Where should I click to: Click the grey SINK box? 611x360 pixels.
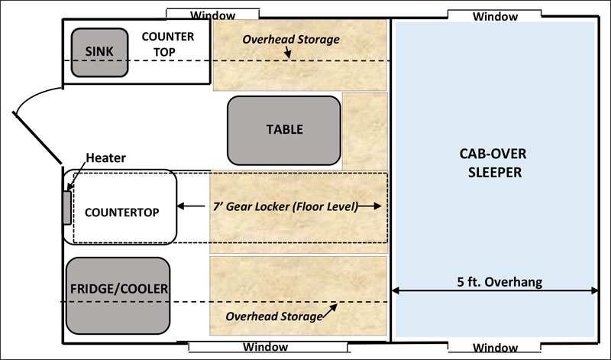99,52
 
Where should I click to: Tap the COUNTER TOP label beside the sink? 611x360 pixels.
168,44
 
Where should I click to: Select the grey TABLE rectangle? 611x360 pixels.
284,129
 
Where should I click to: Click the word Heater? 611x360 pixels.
106,158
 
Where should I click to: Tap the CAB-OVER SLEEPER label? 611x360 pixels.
494,164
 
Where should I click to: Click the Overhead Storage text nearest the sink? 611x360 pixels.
291,39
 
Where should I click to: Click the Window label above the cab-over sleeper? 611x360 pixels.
495,16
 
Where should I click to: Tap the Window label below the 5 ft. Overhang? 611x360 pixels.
495,348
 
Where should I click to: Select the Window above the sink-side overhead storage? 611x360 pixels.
212,15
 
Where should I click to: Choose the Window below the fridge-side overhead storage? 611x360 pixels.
265,347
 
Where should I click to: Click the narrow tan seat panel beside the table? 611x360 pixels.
365,131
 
